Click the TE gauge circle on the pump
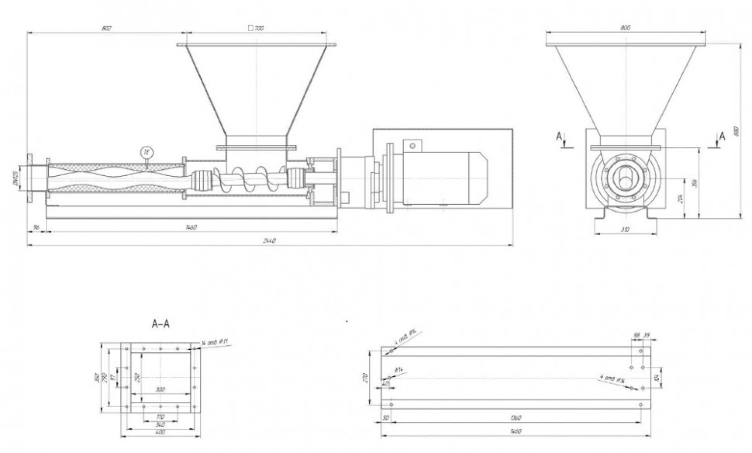146,152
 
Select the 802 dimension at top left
106,28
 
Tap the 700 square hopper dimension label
256,28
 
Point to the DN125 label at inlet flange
14,178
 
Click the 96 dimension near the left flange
36,227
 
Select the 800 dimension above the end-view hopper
625,28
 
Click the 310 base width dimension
625,230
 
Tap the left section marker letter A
559,136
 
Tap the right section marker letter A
722,135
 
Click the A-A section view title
161,324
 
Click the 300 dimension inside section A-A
160,389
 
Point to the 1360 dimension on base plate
516,418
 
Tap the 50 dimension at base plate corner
386,418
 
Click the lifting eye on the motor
412,145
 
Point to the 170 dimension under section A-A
160,417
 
